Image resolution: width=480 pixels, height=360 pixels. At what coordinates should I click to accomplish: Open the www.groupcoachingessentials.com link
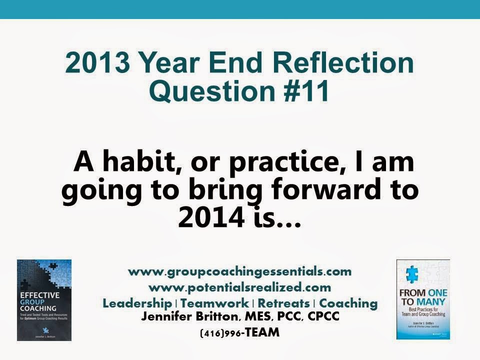pyautogui.click(x=240, y=272)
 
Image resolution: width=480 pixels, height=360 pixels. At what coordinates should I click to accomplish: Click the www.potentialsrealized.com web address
pyautogui.click(x=240, y=287)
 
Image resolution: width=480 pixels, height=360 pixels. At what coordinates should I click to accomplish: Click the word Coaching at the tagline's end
pyautogui.click(x=348, y=303)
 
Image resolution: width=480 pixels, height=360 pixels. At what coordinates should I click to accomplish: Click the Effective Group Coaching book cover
pyautogui.click(x=44, y=300)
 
